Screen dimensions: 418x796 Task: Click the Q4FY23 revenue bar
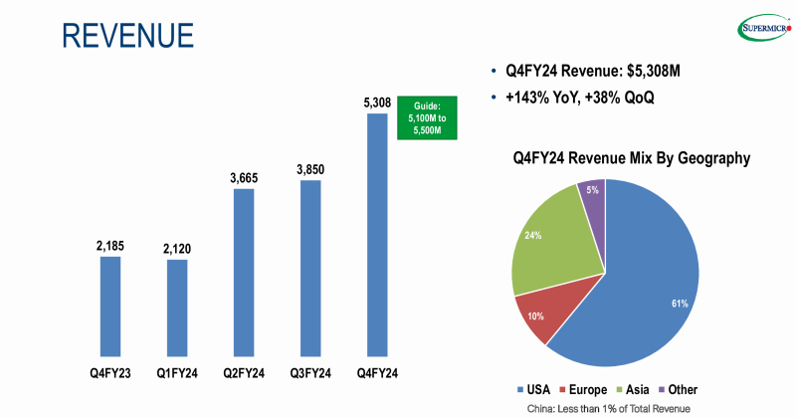click(109, 306)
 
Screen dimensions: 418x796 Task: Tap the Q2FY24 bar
click(244, 272)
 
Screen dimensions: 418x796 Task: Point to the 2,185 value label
click(109, 244)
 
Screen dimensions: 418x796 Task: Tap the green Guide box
click(427, 117)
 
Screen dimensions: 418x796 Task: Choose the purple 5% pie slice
click(593, 199)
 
